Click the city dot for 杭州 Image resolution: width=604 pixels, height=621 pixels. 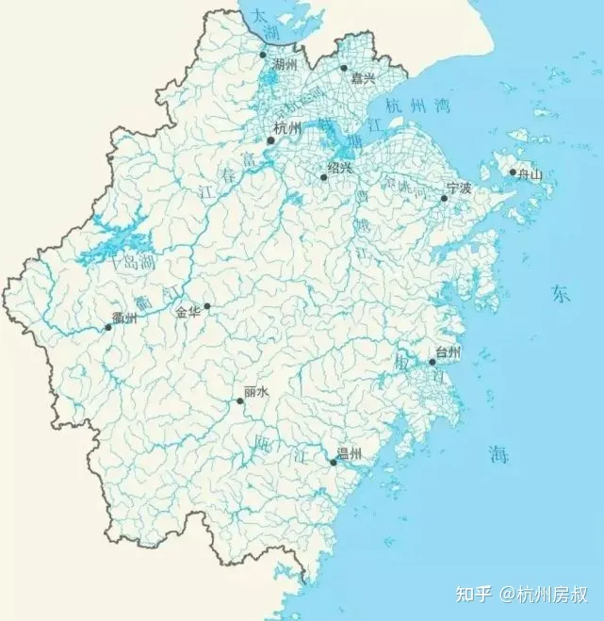(270, 140)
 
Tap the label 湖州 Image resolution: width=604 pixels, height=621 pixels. (284, 64)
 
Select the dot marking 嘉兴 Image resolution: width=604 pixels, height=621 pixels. (344, 68)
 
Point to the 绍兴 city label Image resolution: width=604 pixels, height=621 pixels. (339, 167)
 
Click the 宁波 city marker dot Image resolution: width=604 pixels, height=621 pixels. (445, 198)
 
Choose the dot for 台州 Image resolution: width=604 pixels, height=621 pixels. (433, 362)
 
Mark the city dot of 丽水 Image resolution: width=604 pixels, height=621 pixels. (240, 400)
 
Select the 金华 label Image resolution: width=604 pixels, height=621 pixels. (188, 312)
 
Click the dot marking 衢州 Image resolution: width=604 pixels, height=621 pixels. (108, 327)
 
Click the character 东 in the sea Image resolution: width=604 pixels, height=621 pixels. (561, 294)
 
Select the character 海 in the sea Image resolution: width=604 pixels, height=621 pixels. (498, 456)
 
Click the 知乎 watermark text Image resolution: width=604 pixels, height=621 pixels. (474, 595)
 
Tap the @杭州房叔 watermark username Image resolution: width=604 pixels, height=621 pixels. (547, 595)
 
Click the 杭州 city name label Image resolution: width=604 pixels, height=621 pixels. (286, 128)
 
